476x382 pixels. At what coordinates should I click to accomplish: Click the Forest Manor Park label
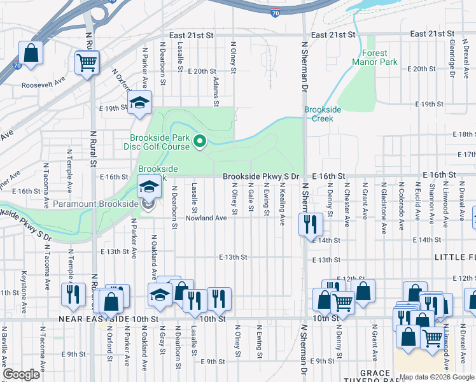379,57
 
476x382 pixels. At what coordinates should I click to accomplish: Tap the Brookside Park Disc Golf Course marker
200,141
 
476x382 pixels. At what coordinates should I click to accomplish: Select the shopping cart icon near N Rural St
87,62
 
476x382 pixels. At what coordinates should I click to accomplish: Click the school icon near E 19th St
139,104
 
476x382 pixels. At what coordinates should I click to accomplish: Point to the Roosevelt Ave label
43,83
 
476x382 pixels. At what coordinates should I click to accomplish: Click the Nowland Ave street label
206,218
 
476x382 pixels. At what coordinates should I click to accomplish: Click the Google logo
22,374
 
